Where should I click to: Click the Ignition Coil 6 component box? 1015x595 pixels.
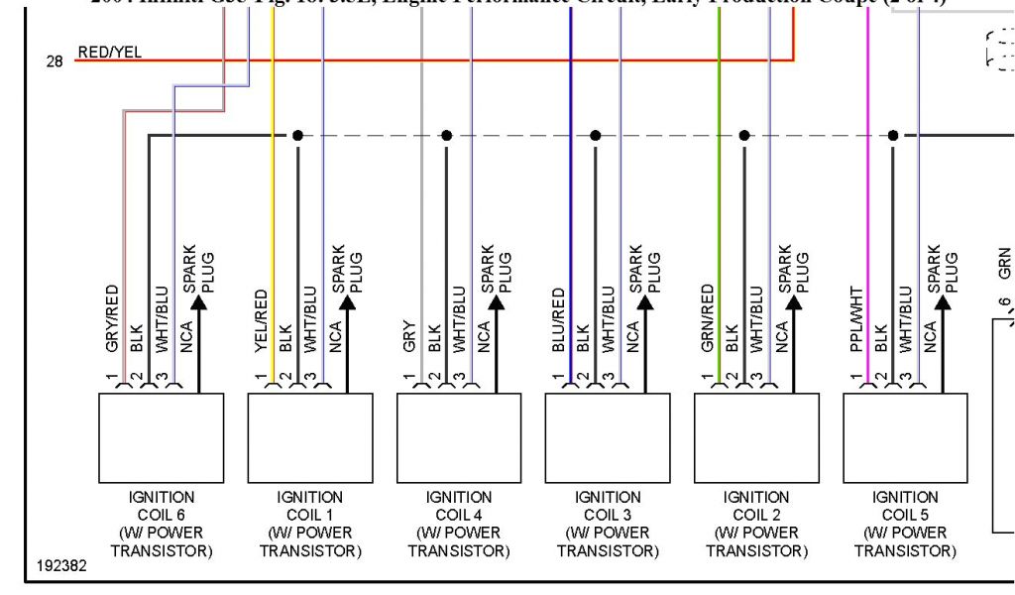162,437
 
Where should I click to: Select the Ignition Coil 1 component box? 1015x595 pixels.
310,437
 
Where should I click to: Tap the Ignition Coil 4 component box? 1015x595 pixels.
459,437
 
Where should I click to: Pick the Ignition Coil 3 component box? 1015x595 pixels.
608,437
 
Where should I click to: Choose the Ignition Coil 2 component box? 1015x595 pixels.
756,437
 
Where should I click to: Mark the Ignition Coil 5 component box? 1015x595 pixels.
905,437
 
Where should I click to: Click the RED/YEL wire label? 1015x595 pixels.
109,53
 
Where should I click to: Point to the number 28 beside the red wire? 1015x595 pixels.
55,61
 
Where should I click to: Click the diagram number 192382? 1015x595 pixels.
61,566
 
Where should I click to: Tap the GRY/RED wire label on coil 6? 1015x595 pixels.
112,319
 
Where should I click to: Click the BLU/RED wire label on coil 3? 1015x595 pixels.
559,320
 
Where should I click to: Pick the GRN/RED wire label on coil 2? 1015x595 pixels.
708,319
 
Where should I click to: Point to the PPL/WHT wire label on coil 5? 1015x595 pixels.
856,319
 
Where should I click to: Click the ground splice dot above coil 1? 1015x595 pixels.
297,135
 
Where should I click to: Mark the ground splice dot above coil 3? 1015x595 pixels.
595,135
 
